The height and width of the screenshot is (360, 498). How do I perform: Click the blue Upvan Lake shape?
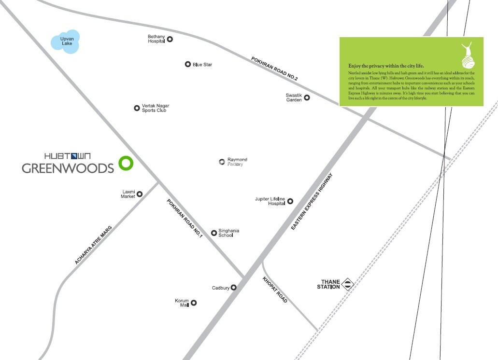[x=65, y=42]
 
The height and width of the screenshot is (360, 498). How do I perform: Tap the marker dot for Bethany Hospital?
[x=170, y=40]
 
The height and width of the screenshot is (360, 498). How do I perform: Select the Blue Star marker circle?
[x=188, y=64]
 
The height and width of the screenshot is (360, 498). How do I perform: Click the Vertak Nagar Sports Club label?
[x=155, y=108]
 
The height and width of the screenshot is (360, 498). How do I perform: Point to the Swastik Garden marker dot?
[x=306, y=97]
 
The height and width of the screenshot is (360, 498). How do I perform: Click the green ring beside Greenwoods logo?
[x=126, y=164]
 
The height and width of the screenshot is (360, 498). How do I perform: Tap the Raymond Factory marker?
[x=222, y=162]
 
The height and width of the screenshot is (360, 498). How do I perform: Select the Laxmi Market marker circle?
[x=140, y=194]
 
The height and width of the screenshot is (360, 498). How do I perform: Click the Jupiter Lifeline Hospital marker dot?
[x=290, y=201]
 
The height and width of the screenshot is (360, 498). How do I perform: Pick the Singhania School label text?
[x=228, y=233]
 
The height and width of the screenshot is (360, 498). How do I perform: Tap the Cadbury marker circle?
[x=233, y=288]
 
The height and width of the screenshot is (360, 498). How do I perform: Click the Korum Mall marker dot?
[x=194, y=303]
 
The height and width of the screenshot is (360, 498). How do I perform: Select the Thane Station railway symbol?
[x=348, y=284]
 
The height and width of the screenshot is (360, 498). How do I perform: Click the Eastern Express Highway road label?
[x=313, y=201]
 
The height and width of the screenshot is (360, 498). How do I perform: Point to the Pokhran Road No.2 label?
[x=274, y=69]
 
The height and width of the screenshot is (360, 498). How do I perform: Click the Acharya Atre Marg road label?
[x=94, y=245]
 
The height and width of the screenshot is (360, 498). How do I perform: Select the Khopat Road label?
[x=275, y=290]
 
